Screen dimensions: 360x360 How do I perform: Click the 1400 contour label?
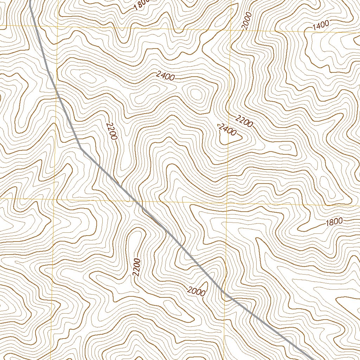pos(320,25)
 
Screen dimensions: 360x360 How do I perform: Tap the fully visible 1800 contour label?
pos(334,222)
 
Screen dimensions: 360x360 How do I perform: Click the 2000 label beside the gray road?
pos(196,291)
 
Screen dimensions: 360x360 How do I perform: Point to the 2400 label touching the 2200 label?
pos(227,130)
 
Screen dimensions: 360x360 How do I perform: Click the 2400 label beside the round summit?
pos(165,76)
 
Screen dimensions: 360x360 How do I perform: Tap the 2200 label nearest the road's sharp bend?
pos(111,131)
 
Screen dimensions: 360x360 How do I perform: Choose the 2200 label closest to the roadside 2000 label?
pos(137,267)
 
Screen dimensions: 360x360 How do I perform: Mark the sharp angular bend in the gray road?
pos(81,148)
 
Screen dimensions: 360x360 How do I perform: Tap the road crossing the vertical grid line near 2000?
pos(225,295)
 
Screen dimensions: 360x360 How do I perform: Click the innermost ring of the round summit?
pos(195,94)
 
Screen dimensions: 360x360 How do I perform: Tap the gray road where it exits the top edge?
pos(30,1)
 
